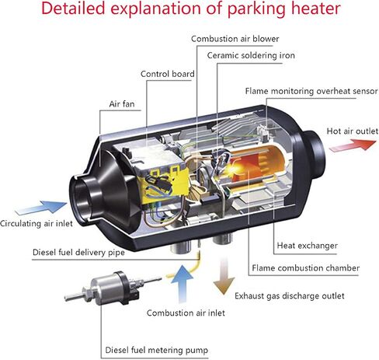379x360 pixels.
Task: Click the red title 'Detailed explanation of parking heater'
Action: (x=191, y=9)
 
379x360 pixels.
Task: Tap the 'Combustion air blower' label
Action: (x=235, y=39)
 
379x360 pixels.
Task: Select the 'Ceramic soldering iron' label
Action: (x=251, y=55)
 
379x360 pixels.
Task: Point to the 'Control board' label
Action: (x=168, y=74)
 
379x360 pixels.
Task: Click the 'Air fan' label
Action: (x=122, y=104)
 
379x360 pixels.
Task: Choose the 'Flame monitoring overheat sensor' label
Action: (x=311, y=91)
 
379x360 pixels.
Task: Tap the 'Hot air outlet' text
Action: (x=353, y=131)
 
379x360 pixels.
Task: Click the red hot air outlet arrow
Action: (x=353, y=145)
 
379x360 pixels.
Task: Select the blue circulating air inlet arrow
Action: (x=41, y=207)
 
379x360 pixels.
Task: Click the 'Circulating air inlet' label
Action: (x=37, y=223)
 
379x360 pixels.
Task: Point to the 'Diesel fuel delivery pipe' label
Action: (x=78, y=252)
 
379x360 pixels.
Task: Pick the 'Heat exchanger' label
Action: (x=308, y=246)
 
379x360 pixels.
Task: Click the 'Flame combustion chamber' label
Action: (x=306, y=267)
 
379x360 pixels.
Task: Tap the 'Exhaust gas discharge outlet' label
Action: (x=290, y=295)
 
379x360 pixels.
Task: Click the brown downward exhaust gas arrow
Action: (x=224, y=275)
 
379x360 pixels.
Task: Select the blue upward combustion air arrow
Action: (x=183, y=284)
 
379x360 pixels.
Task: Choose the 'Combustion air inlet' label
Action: (x=186, y=313)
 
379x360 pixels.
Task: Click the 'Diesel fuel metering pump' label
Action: (x=156, y=350)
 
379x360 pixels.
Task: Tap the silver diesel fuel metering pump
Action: (x=110, y=288)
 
